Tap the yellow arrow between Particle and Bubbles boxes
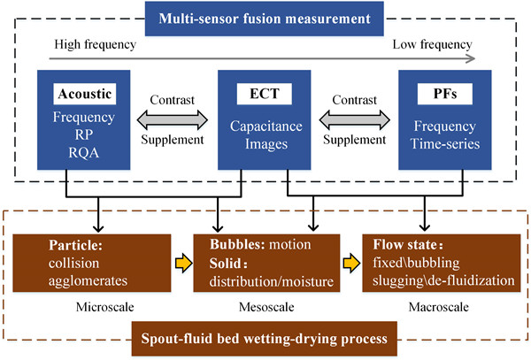(x=181, y=263)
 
